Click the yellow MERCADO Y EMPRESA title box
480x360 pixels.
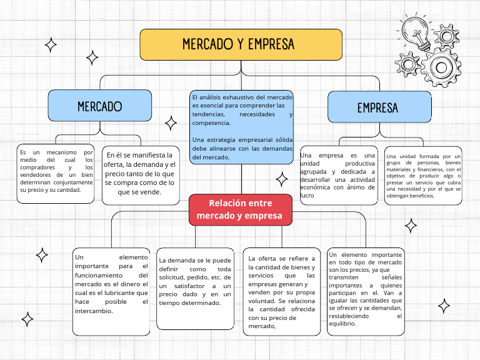point(241,44)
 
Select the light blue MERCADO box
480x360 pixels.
point(100,106)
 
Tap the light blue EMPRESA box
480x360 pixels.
point(377,107)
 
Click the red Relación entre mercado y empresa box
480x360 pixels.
point(241,209)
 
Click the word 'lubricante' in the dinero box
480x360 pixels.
point(128,292)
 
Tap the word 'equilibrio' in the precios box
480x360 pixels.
point(341,324)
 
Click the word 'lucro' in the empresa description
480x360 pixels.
point(307,196)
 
